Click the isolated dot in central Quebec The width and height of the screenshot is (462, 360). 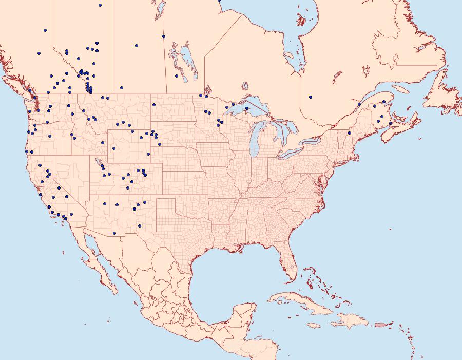coord(311,97)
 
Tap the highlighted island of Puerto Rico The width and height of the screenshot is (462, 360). coord(380,324)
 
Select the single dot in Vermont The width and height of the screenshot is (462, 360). coord(350,133)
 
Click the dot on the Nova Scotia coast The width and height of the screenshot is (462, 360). coord(391,123)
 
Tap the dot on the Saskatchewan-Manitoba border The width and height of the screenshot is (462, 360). coord(164,36)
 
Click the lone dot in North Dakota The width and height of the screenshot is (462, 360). coord(153,105)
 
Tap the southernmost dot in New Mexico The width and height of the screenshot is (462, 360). coord(114,233)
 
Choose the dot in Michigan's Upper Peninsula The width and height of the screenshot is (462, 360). coord(247,108)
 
